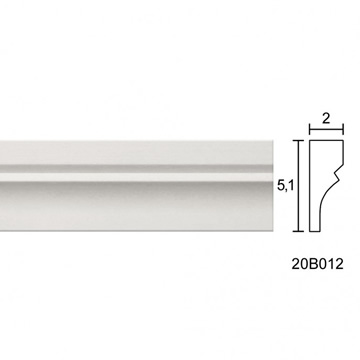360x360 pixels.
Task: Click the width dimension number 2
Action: click(x=326, y=119)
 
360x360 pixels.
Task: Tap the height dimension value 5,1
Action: click(x=285, y=186)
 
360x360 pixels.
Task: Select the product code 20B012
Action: click(x=317, y=264)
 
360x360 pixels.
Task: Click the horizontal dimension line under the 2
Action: click(x=326, y=129)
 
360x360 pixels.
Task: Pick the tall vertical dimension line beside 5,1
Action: click(x=299, y=186)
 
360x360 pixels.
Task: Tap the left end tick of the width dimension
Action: click(x=310, y=129)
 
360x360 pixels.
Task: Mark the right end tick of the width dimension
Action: click(x=343, y=129)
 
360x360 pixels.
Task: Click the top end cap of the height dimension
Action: click(x=299, y=141)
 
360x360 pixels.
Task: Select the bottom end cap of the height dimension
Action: click(x=299, y=231)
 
